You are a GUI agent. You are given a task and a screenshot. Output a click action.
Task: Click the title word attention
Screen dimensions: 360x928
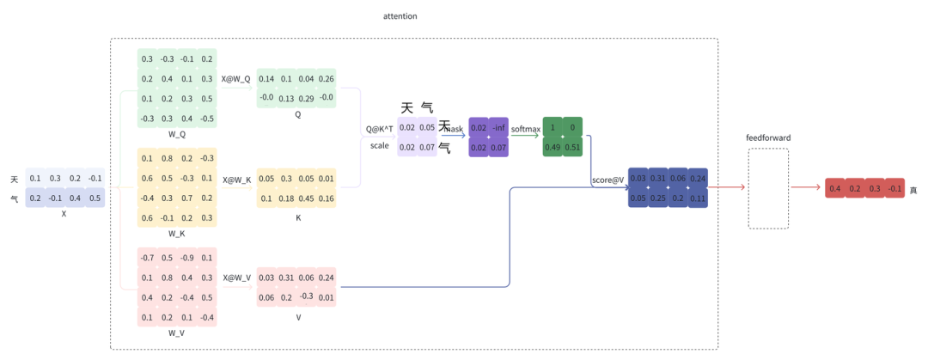click(x=400, y=16)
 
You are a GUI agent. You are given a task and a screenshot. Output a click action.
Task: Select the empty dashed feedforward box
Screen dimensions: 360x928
click(x=767, y=188)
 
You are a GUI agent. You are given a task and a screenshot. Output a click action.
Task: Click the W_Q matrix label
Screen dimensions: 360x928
click(x=176, y=135)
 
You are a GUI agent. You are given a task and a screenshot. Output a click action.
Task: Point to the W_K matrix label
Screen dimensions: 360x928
click(x=176, y=234)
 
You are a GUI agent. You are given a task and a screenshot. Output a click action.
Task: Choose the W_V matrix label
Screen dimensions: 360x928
click(x=176, y=333)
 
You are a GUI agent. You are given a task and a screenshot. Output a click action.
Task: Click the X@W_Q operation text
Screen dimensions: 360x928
click(x=235, y=79)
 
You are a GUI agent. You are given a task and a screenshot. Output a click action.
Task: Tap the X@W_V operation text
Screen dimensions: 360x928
click(x=236, y=278)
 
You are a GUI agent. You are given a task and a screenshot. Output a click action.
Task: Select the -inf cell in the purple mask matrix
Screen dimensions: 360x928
click(x=498, y=128)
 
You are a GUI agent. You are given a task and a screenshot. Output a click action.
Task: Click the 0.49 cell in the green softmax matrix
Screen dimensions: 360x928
click(x=553, y=147)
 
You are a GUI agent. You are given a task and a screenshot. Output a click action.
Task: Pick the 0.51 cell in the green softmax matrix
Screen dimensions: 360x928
click(x=573, y=147)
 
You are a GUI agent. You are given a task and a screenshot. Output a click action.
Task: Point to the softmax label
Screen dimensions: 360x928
click(x=525, y=129)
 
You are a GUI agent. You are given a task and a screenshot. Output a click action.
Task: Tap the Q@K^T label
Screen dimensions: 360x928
click(x=379, y=129)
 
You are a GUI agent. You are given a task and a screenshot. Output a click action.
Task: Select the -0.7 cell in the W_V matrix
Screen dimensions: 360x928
click(x=148, y=258)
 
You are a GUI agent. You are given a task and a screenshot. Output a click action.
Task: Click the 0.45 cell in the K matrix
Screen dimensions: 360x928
click(x=306, y=198)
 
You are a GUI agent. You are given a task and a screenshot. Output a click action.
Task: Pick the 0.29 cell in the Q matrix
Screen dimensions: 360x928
click(x=306, y=99)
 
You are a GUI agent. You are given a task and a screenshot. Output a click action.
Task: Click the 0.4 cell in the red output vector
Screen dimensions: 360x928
click(x=834, y=189)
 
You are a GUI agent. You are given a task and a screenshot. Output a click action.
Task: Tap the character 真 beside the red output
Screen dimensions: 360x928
click(x=913, y=190)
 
